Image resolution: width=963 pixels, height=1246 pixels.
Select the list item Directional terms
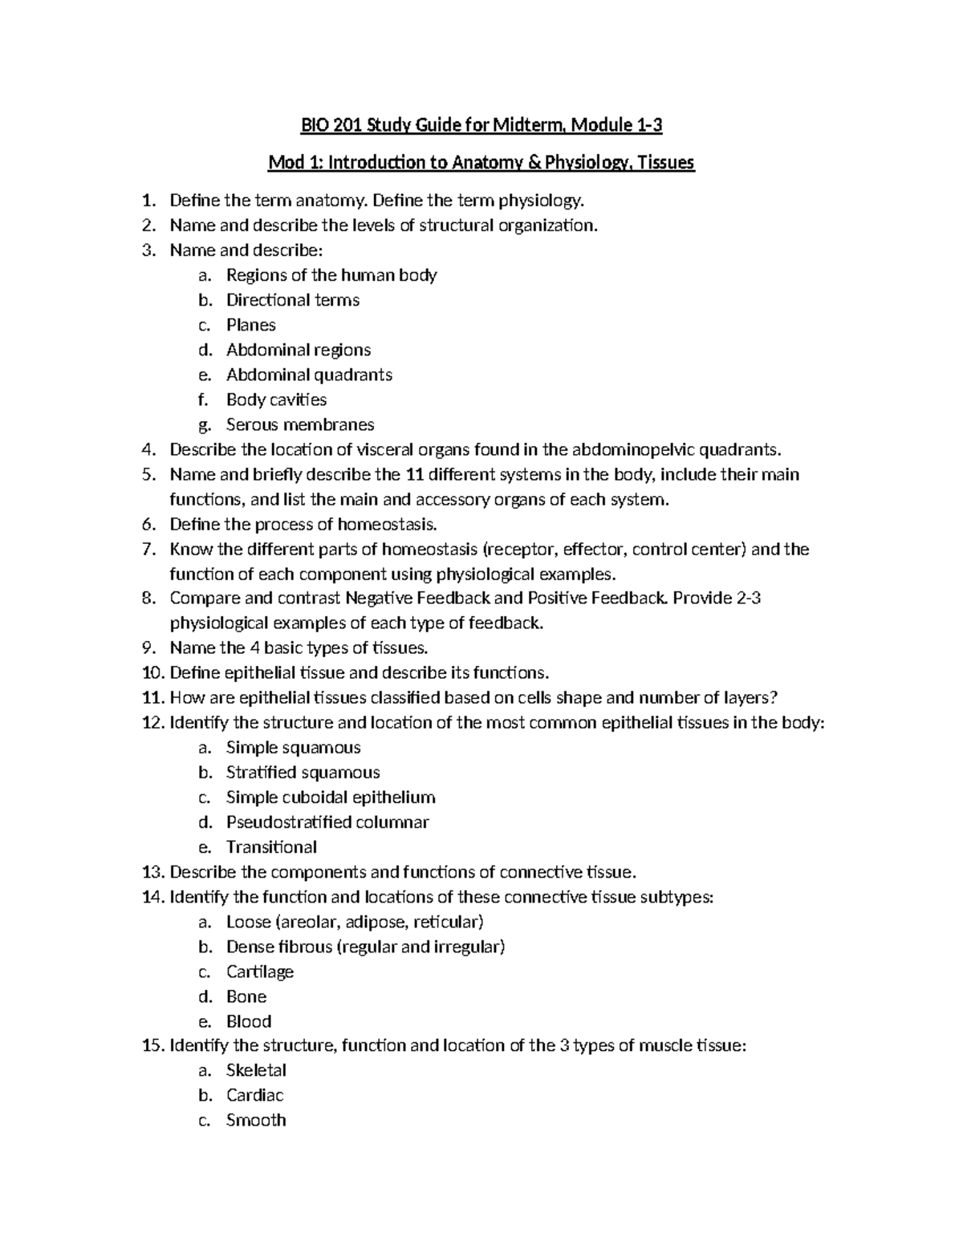[x=292, y=300]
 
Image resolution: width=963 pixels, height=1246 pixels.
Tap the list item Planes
[x=250, y=325]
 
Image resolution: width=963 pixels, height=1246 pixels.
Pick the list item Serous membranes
[x=300, y=424]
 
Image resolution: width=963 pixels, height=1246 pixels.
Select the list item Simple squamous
[x=293, y=748]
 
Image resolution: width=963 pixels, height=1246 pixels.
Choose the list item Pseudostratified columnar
[x=327, y=822]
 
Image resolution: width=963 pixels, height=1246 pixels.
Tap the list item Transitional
[x=271, y=847]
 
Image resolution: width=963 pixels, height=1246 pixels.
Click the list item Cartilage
[x=260, y=972]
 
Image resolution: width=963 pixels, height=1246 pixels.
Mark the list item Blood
[x=249, y=1021]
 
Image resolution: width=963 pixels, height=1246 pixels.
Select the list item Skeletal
[x=256, y=1070]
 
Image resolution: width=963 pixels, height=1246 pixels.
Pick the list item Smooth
[x=256, y=1120]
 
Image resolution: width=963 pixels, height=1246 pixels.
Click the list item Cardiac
[x=254, y=1095]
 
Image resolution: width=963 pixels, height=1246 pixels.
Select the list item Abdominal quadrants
[x=309, y=375]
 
